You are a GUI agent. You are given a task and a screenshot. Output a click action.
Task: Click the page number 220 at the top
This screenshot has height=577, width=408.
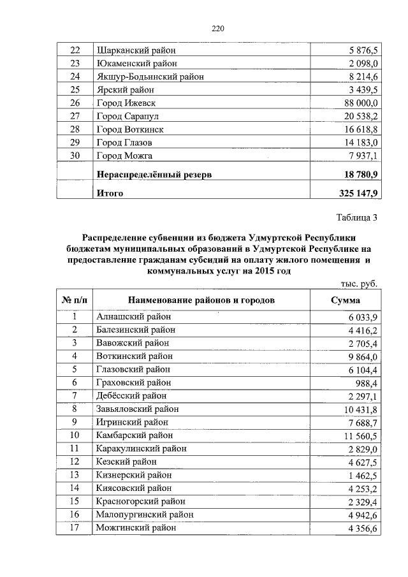click(x=217, y=29)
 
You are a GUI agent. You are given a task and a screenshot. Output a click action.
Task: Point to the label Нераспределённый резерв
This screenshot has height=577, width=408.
click(x=154, y=173)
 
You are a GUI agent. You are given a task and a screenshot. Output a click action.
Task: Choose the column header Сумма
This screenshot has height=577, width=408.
click(x=346, y=300)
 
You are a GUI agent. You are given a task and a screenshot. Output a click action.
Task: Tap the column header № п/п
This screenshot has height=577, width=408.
click(x=75, y=300)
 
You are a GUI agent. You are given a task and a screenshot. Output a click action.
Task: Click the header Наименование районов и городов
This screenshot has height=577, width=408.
click(x=201, y=300)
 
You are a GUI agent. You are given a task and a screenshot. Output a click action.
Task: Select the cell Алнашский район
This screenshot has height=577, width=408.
click(x=133, y=316)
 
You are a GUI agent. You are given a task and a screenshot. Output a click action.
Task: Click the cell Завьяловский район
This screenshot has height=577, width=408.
click(x=137, y=409)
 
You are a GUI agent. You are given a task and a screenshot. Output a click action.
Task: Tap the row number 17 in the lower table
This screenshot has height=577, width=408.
click(x=75, y=528)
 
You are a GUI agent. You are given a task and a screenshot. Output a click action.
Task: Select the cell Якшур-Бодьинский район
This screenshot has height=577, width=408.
click(x=150, y=77)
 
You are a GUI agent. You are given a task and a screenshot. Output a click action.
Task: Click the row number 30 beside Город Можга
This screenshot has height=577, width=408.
click(x=75, y=156)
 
